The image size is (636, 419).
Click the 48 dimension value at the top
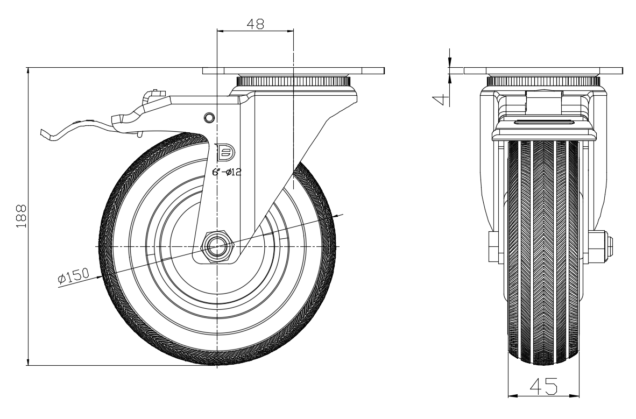click(x=255, y=24)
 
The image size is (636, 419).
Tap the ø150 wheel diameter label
click(x=73, y=276)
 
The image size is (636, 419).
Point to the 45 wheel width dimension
click(x=543, y=386)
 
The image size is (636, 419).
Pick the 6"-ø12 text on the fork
click(x=227, y=172)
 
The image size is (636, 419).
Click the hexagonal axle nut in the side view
click(x=218, y=247)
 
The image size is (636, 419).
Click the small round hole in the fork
click(x=209, y=117)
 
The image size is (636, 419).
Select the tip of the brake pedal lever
click(x=42, y=133)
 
